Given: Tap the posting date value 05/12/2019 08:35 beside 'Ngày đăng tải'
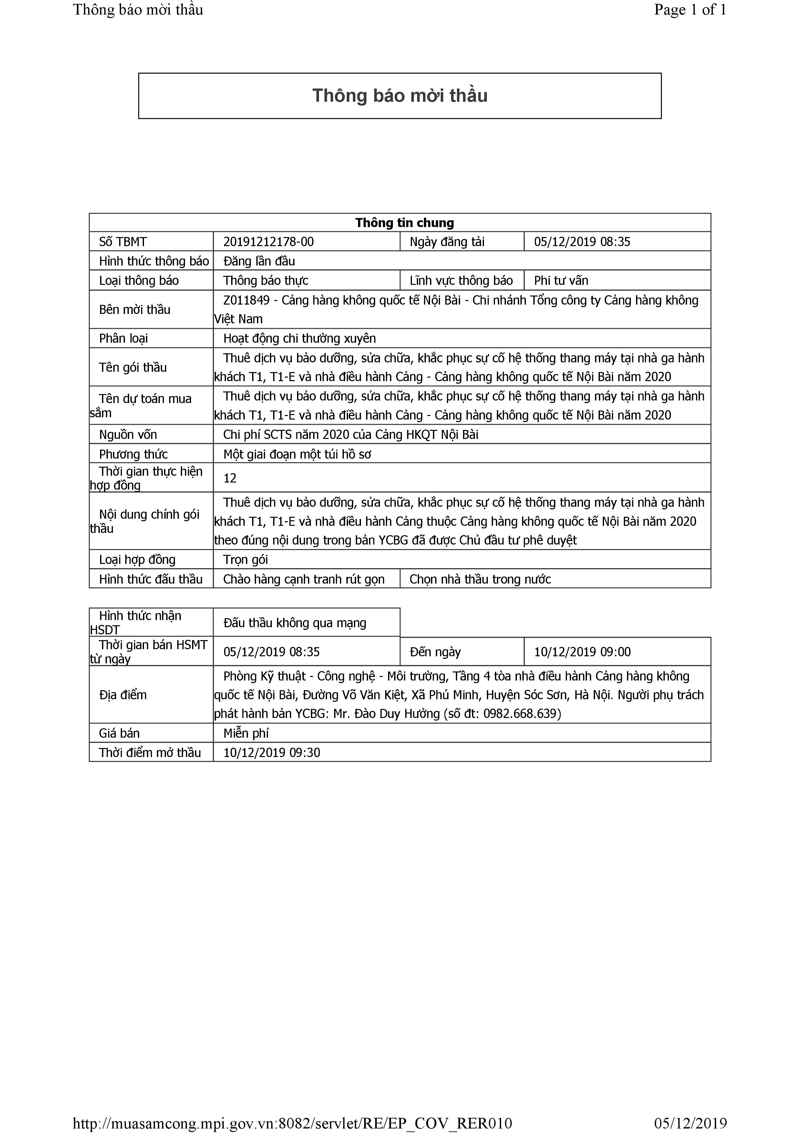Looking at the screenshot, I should pyautogui.click(x=582, y=242).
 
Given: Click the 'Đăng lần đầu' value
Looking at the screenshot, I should pyautogui.click(x=259, y=261).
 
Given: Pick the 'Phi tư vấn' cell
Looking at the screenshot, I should pyautogui.click(x=561, y=281).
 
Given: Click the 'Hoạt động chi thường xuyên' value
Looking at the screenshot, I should pyautogui.click(x=299, y=338).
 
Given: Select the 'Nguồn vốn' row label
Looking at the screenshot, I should pyautogui.click(x=128, y=435).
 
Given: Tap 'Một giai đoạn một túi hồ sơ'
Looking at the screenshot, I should pyautogui.click(x=297, y=454).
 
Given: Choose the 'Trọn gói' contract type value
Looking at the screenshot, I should pyautogui.click(x=246, y=560).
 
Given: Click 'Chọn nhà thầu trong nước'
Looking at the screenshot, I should pyautogui.click(x=480, y=579).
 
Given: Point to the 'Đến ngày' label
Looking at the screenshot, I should pyautogui.click(x=435, y=652).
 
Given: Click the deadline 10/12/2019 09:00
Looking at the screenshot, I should pyautogui.click(x=582, y=652).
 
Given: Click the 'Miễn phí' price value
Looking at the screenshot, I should pyautogui.click(x=246, y=733).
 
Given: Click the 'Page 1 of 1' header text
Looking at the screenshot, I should pyautogui.click(x=690, y=10).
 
